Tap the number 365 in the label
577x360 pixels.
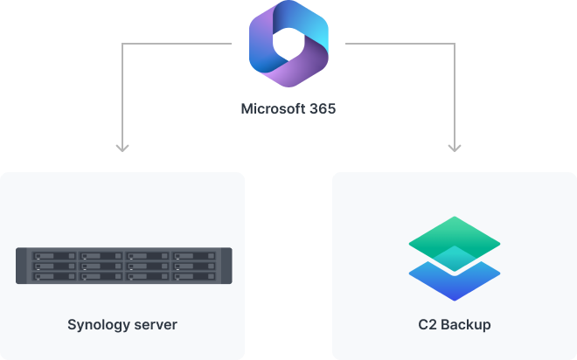[321, 110]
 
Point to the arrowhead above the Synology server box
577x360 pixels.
[122, 147]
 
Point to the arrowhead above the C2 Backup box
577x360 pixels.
[455, 147]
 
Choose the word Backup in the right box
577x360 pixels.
[465, 325]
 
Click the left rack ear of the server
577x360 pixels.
[21, 266]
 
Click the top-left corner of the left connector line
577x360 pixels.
[122, 43]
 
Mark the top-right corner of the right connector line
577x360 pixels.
[455, 43]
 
